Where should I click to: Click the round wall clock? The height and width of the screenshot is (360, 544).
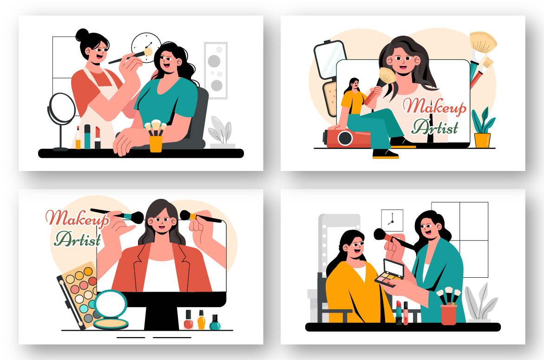pyautogui.click(x=146, y=47)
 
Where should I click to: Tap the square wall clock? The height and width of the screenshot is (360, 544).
pyautogui.click(x=392, y=220)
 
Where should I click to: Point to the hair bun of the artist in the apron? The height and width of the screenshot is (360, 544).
pyautogui.click(x=82, y=35)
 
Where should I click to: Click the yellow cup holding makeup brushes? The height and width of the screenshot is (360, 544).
pyautogui.click(x=156, y=144)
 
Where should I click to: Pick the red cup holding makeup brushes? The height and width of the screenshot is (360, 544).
pyautogui.click(x=449, y=314)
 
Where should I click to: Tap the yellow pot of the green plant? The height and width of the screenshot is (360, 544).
pyautogui.click(x=482, y=140)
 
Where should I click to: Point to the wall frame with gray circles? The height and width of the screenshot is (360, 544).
pyautogui.click(x=216, y=71)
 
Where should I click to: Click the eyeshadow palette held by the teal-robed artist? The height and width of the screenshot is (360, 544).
pyautogui.click(x=390, y=273)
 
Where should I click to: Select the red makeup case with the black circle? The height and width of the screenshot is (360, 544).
pyautogui.click(x=347, y=138)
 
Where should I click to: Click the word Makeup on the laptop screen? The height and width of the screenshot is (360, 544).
pyautogui.click(x=434, y=106)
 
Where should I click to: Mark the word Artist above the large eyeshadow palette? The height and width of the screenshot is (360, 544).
pyautogui.click(x=78, y=239)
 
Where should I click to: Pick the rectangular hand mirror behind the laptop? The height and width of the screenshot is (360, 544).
pyautogui.click(x=329, y=60)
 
